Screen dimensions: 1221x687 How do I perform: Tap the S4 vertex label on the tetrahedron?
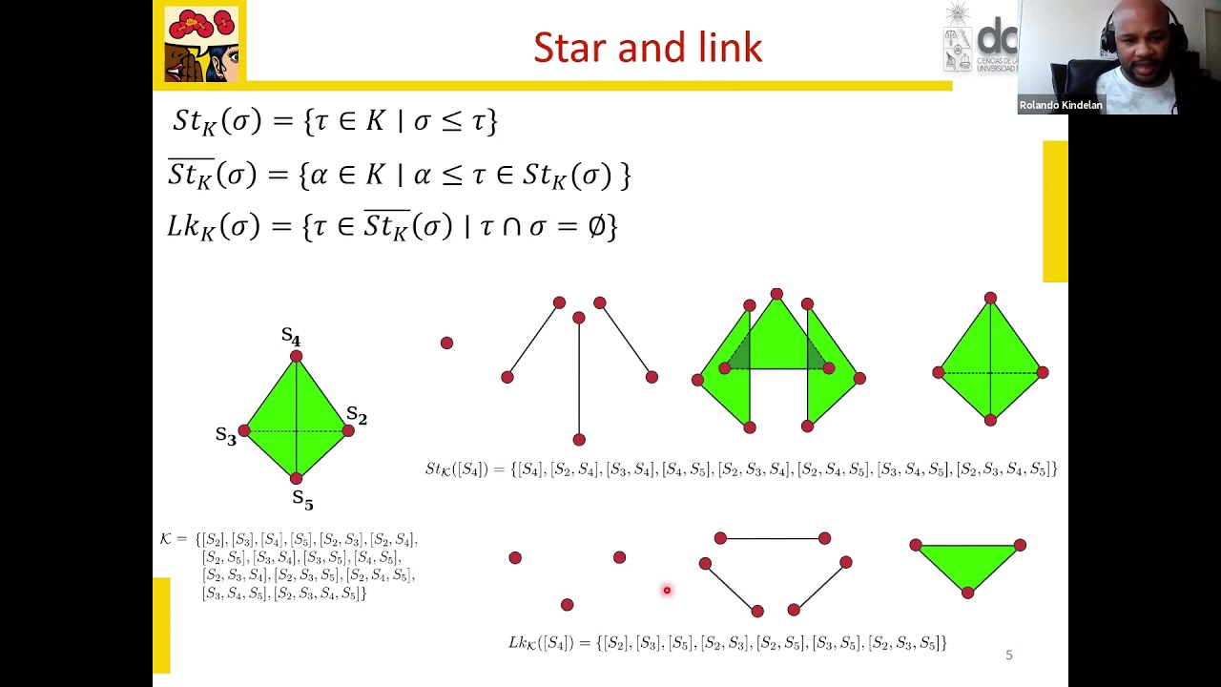pos(291,337)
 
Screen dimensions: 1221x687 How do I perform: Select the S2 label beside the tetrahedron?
pos(356,415)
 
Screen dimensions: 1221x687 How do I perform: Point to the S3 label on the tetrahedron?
pos(225,436)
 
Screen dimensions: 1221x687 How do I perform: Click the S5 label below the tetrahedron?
pos(302,499)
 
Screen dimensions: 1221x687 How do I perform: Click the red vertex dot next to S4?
pos(296,357)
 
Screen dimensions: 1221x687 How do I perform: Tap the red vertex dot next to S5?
pos(296,478)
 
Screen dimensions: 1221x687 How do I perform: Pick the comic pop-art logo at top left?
pos(201,44)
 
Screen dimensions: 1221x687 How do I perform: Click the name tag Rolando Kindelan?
pos(1060,105)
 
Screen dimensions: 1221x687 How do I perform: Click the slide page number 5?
pos(1009,655)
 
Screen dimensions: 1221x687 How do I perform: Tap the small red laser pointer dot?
pos(667,591)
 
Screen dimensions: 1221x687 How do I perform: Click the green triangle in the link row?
pos(967,562)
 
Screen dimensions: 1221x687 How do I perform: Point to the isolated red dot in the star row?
pos(446,343)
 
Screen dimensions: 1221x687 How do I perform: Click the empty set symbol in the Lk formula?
pos(598,226)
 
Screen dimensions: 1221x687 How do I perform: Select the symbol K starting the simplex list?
pos(166,539)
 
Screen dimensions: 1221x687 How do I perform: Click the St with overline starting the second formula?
pos(191,174)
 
